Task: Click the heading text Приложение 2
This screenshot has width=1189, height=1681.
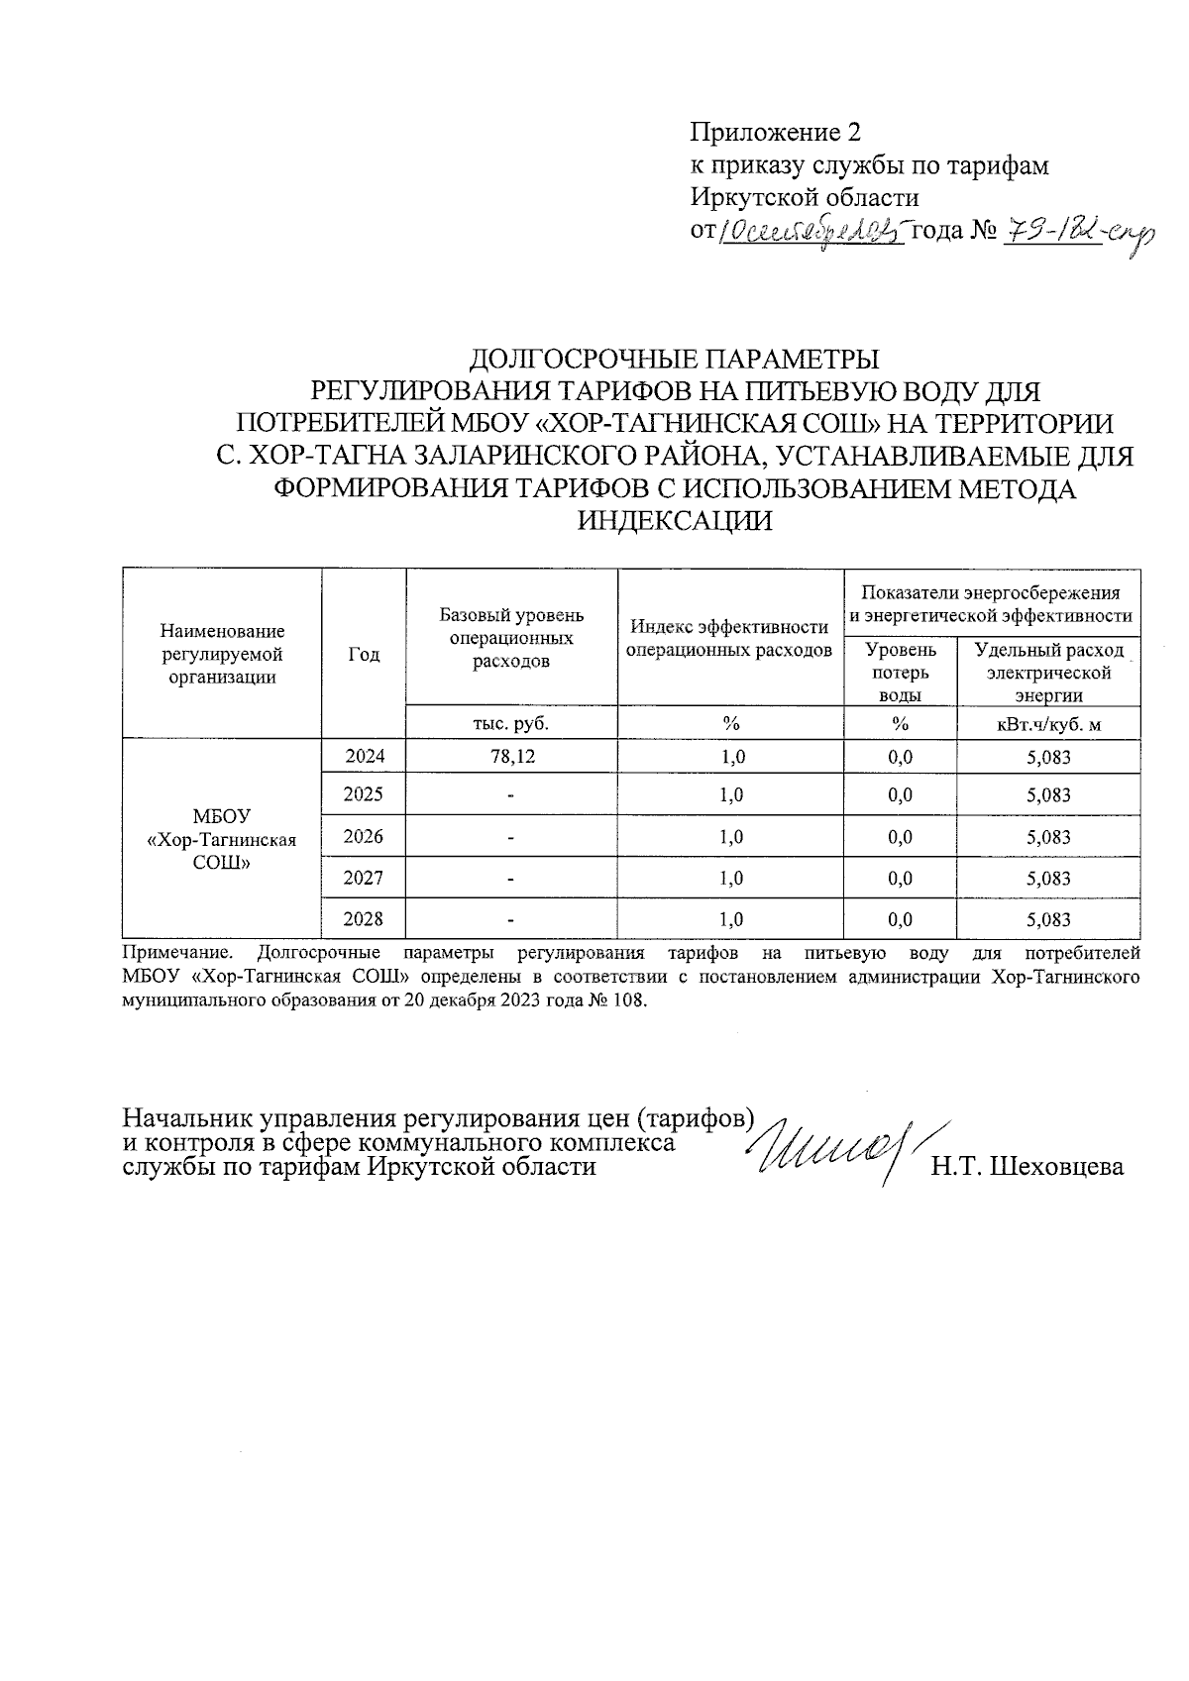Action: click(x=776, y=133)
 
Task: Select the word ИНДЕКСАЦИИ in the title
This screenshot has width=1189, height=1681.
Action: click(x=675, y=520)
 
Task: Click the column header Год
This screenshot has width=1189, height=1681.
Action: click(x=364, y=654)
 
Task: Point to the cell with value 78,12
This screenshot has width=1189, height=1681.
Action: click(x=511, y=758)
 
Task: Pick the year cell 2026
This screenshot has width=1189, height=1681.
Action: click(x=364, y=836)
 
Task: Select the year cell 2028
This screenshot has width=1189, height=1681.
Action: click(x=364, y=919)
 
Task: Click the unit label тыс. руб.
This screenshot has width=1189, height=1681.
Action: click(x=511, y=723)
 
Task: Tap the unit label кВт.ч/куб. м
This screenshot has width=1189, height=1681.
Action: click(x=1048, y=724)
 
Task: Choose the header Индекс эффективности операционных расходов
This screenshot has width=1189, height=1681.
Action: click(x=730, y=639)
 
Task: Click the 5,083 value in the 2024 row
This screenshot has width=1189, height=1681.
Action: click(x=1048, y=758)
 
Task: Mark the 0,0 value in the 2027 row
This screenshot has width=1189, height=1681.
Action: click(x=900, y=878)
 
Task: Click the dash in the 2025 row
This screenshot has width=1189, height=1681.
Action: click(x=511, y=795)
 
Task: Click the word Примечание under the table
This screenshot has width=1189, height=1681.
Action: click(x=177, y=954)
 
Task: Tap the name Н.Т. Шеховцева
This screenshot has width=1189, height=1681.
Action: click(x=1027, y=1167)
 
